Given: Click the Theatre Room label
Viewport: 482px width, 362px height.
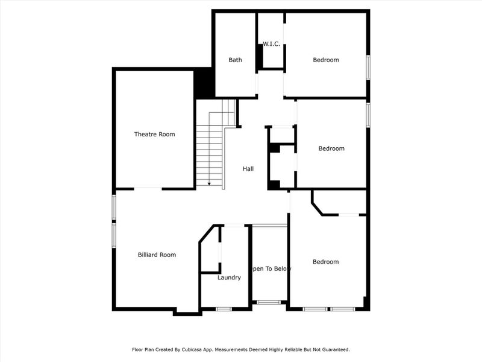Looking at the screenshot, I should point(154,134).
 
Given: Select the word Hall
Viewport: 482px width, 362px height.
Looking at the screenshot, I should point(248,169).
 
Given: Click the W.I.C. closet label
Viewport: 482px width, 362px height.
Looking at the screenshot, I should point(271,44).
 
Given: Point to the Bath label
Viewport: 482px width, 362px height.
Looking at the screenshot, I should point(235,60).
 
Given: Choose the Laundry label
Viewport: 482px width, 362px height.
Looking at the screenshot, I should point(229,278).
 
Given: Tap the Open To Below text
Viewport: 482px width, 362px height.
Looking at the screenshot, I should point(270,268).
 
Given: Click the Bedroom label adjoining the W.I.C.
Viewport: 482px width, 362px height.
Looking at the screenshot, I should point(325,60).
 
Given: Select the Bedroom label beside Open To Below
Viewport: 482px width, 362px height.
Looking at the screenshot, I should point(325,262).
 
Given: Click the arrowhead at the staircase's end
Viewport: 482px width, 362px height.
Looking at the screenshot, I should point(209,183).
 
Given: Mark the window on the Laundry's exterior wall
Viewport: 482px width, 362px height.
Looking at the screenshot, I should point(224,309).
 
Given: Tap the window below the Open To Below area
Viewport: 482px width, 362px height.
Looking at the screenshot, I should point(269,302).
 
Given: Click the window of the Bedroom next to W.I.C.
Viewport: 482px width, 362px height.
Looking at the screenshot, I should point(368,66).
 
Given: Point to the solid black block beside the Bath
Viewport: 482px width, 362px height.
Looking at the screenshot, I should point(205,83).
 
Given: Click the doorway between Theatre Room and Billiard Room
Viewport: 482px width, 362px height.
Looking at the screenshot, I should point(148,189).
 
